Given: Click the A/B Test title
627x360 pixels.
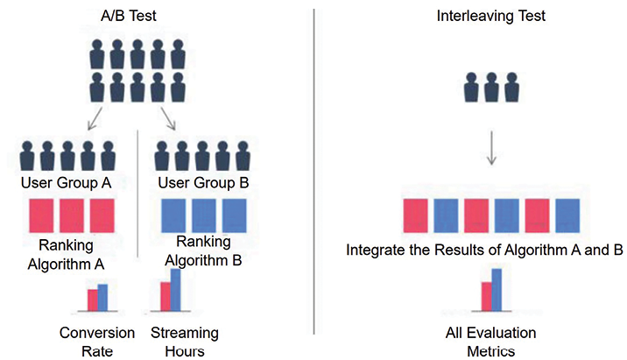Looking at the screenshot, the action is tap(129, 16).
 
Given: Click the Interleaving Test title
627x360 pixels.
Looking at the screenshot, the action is tap(490, 16).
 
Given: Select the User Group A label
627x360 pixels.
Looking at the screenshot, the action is tap(66, 183).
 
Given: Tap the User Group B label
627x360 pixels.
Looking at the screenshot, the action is tap(203, 183).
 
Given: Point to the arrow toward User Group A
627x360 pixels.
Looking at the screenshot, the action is tap(95, 118).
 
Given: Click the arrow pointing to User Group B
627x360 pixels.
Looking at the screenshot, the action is tap(168, 118).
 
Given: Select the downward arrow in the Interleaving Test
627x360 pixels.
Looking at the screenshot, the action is tap(491, 148).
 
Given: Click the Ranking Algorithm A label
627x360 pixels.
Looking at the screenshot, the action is tap(66, 255).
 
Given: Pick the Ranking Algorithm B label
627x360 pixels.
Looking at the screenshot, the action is tap(203, 251).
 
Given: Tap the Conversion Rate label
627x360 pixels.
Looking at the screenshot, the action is tap(97, 342).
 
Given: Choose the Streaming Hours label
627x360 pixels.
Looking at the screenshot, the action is tap(185, 342).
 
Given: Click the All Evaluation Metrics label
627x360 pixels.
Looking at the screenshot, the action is tap(491, 342).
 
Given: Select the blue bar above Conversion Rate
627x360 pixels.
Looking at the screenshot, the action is tap(102, 298).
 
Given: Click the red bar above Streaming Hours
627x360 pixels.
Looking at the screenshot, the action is tap(166, 296).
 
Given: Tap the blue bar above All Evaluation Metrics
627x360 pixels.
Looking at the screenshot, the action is tap(497, 290).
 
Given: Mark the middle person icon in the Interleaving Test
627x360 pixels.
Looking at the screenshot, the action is tap(491, 88).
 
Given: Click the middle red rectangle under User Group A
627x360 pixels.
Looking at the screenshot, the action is tap(72, 215).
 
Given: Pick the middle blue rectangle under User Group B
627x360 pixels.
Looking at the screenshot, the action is tap(204, 215).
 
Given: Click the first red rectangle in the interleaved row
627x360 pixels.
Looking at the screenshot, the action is tap(415, 215).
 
